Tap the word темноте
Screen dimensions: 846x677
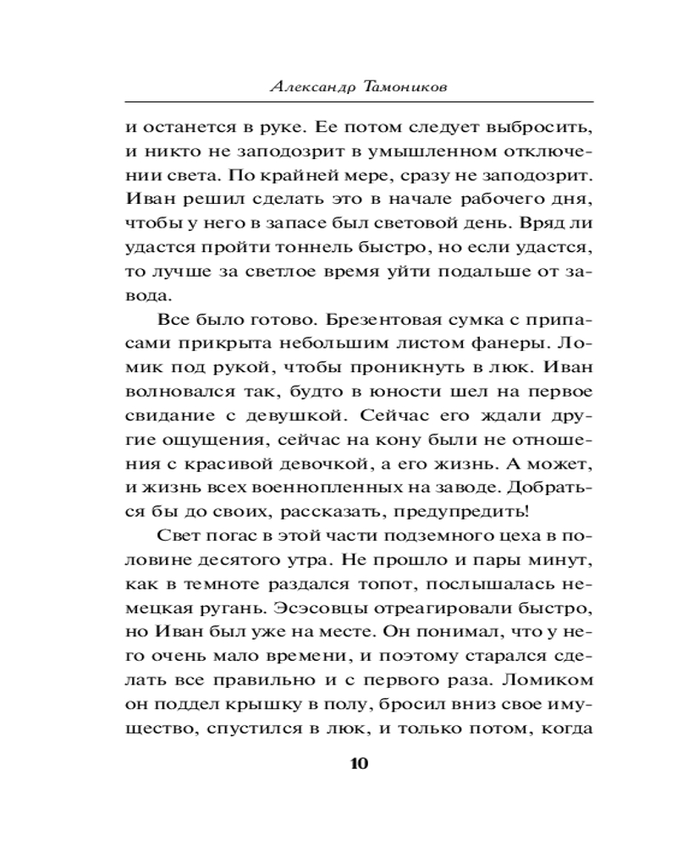click(215, 586)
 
